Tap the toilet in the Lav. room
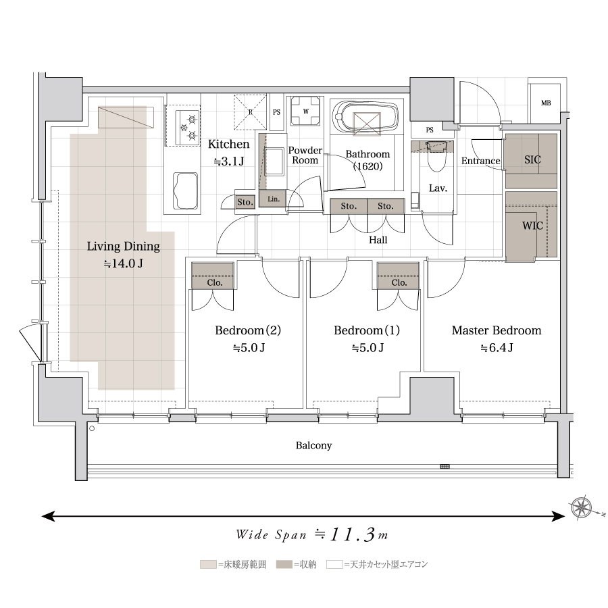(437, 157)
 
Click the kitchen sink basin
(185, 191)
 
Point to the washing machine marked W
(306, 111)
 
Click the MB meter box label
(546, 103)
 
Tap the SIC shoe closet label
(532, 159)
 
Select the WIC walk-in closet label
(532, 225)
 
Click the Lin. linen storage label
(274, 199)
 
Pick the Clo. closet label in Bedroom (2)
(214, 282)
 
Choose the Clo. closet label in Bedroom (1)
(399, 282)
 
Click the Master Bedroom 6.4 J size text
(497, 348)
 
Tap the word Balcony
(313, 445)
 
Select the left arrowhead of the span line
(48, 516)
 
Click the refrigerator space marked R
(250, 111)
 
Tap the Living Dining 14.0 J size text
(124, 264)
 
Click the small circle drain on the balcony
(92, 428)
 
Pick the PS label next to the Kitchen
(276, 112)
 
